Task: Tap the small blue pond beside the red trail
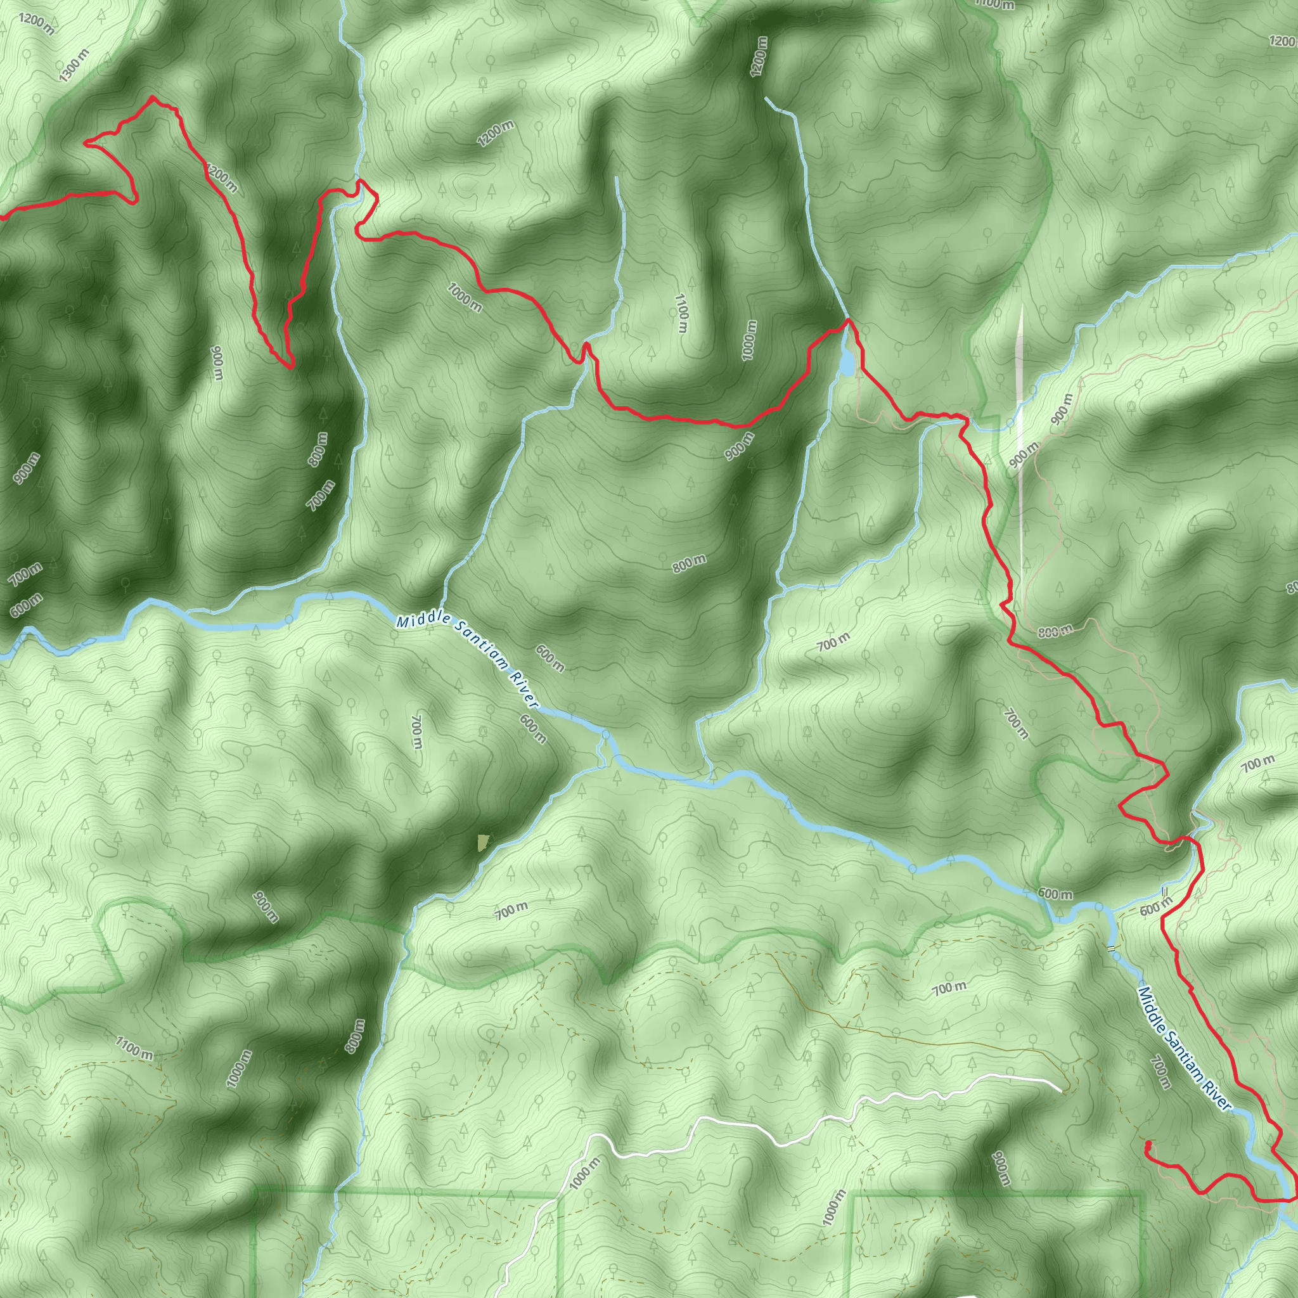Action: point(847,363)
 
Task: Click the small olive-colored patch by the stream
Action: point(483,842)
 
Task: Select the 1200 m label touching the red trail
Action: point(221,178)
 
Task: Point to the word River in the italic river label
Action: point(524,687)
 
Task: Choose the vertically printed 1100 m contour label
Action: point(681,312)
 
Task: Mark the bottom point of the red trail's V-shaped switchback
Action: point(291,368)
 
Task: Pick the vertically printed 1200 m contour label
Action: point(759,56)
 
